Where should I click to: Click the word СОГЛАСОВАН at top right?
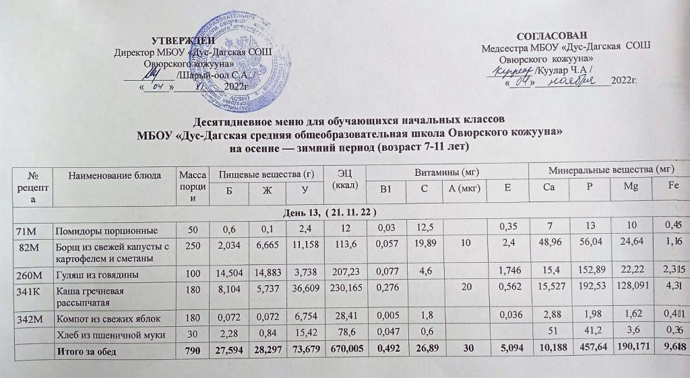tap(555, 35)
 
